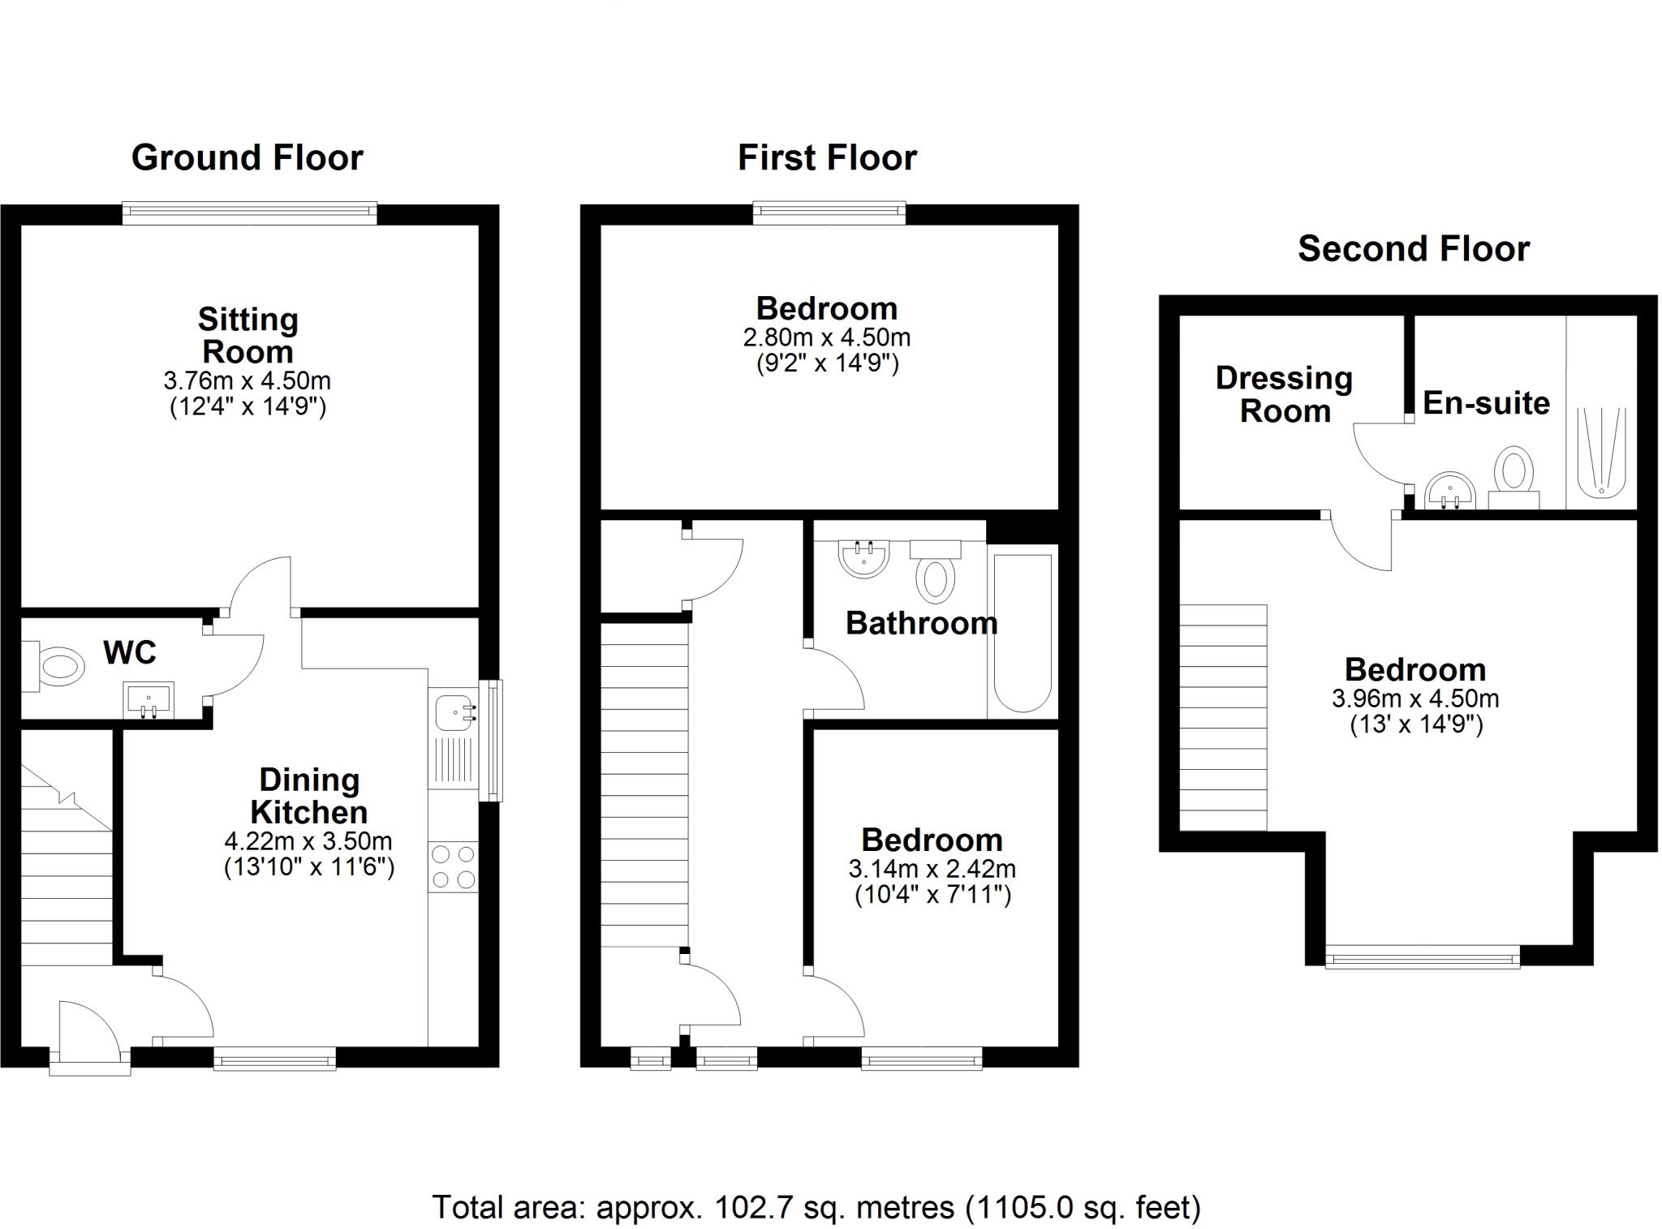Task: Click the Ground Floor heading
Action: pyautogui.click(x=247, y=157)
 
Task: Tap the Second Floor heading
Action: pyautogui.click(x=1413, y=248)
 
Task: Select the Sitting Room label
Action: pyautogui.click(x=248, y=335)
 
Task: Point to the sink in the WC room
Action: pyautogui.click(x=149, y=700)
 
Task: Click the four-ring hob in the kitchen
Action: pyautogui.click(x=454, y=866)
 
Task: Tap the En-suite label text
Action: pyautogui.click(x=1486, y=403)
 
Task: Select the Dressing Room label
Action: pyautogui.click(x=1284, y=394)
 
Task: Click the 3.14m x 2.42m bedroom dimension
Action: pyautogui.click(x=932, y=869)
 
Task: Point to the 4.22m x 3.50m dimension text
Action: pyautogui.click(x=308, y=840)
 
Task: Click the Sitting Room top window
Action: pyautogui.click(x=250, y=213)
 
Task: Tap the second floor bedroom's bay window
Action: pyautogui.click(x=1422, y=958)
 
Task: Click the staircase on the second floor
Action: pyautogui.click(x=1222, y=717)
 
